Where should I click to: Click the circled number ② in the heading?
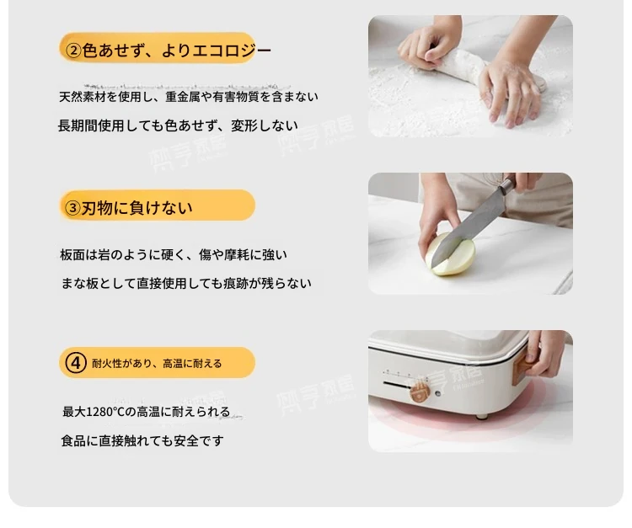(73, 51)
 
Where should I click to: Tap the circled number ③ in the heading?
(73, 208)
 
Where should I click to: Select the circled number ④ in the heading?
(76, 363)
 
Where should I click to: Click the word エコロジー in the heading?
(232, 51)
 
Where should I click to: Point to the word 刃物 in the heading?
(97, 208)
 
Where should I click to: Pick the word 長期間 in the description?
(78, 125)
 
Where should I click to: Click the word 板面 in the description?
(72, 255)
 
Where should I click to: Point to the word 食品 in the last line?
(73, 441)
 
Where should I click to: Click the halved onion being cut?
(450, 254)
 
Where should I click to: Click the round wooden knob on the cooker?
(420, 392)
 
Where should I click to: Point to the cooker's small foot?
(481, 416)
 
